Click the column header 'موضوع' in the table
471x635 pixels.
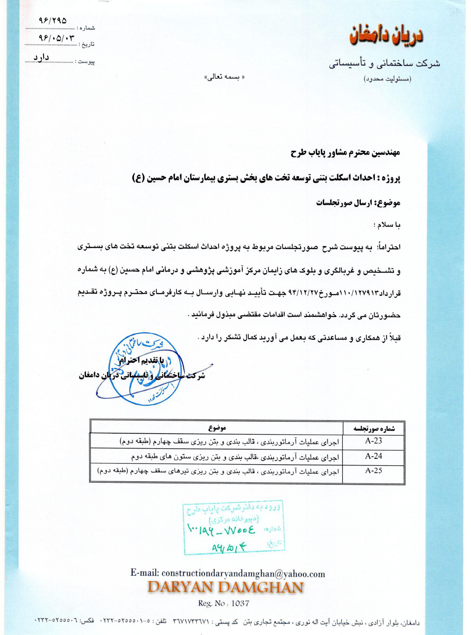click(x=217, y=428)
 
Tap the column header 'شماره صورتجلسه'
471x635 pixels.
click(x=374, y=428)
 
